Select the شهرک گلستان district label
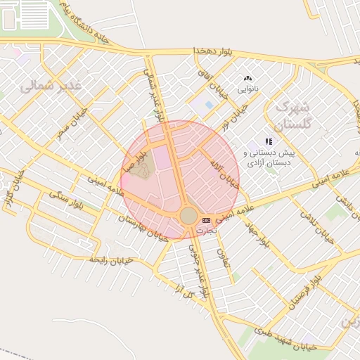coord(292,116)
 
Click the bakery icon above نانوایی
coord(247,79)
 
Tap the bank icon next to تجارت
coord(206,221)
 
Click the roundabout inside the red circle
coord(188,215)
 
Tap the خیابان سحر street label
coord(72,124)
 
